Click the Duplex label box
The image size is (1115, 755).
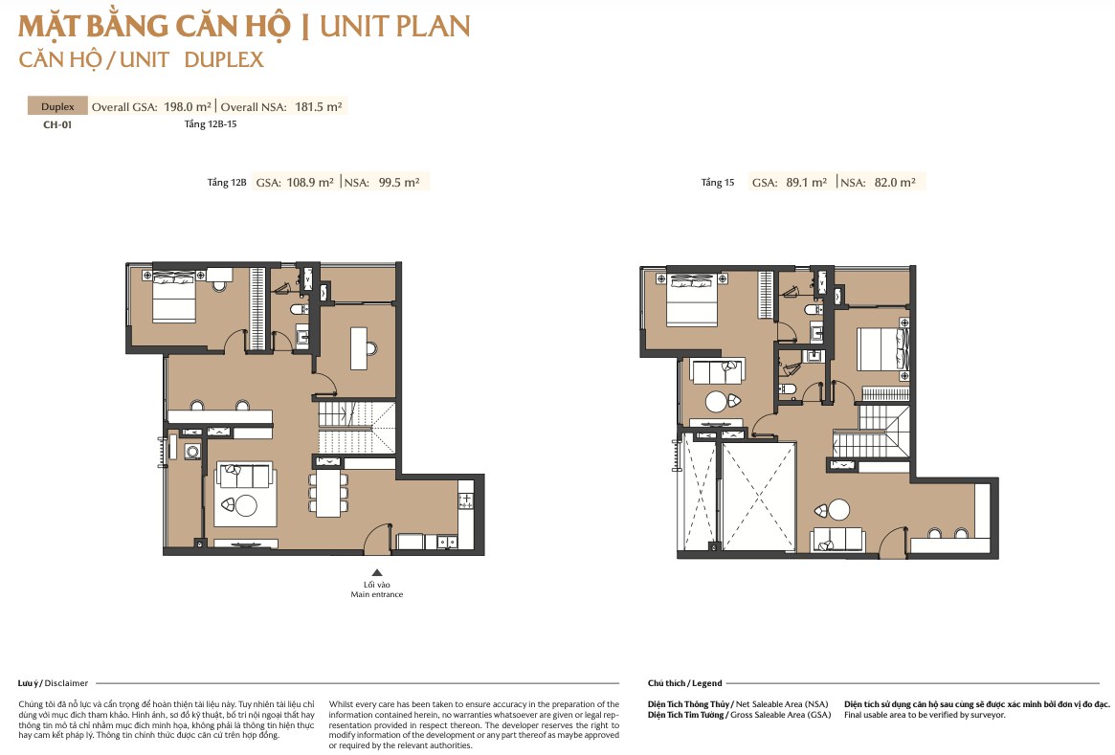coord(57,106)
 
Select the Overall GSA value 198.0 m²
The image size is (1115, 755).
coord(188,106)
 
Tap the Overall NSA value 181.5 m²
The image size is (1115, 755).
coord(319,106)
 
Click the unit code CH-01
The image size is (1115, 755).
coord(57,124)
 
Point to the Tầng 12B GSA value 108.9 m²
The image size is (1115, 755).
coord(310,182)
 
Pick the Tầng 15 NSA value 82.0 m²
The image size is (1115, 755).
coord(895,182)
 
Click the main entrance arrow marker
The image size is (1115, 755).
coord(377,572)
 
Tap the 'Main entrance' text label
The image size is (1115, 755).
coord(377,594)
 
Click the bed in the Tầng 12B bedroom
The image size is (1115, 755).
coord(173,295)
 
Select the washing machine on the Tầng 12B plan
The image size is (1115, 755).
coord(192,451)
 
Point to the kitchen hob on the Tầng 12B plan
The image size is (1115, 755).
coord(466,500)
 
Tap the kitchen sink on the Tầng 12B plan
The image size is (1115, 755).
coord(447,542)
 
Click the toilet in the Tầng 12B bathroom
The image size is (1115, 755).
coord(299,309)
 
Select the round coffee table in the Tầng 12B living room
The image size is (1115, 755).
coord(246,505)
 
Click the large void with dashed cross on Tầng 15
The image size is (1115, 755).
coord(758,497)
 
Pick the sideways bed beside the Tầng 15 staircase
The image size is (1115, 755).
coord(883,349)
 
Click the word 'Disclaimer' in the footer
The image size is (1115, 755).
coord(66,683)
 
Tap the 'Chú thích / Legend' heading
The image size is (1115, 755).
coord(684,683)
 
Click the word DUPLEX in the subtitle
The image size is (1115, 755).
coord(224,59)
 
